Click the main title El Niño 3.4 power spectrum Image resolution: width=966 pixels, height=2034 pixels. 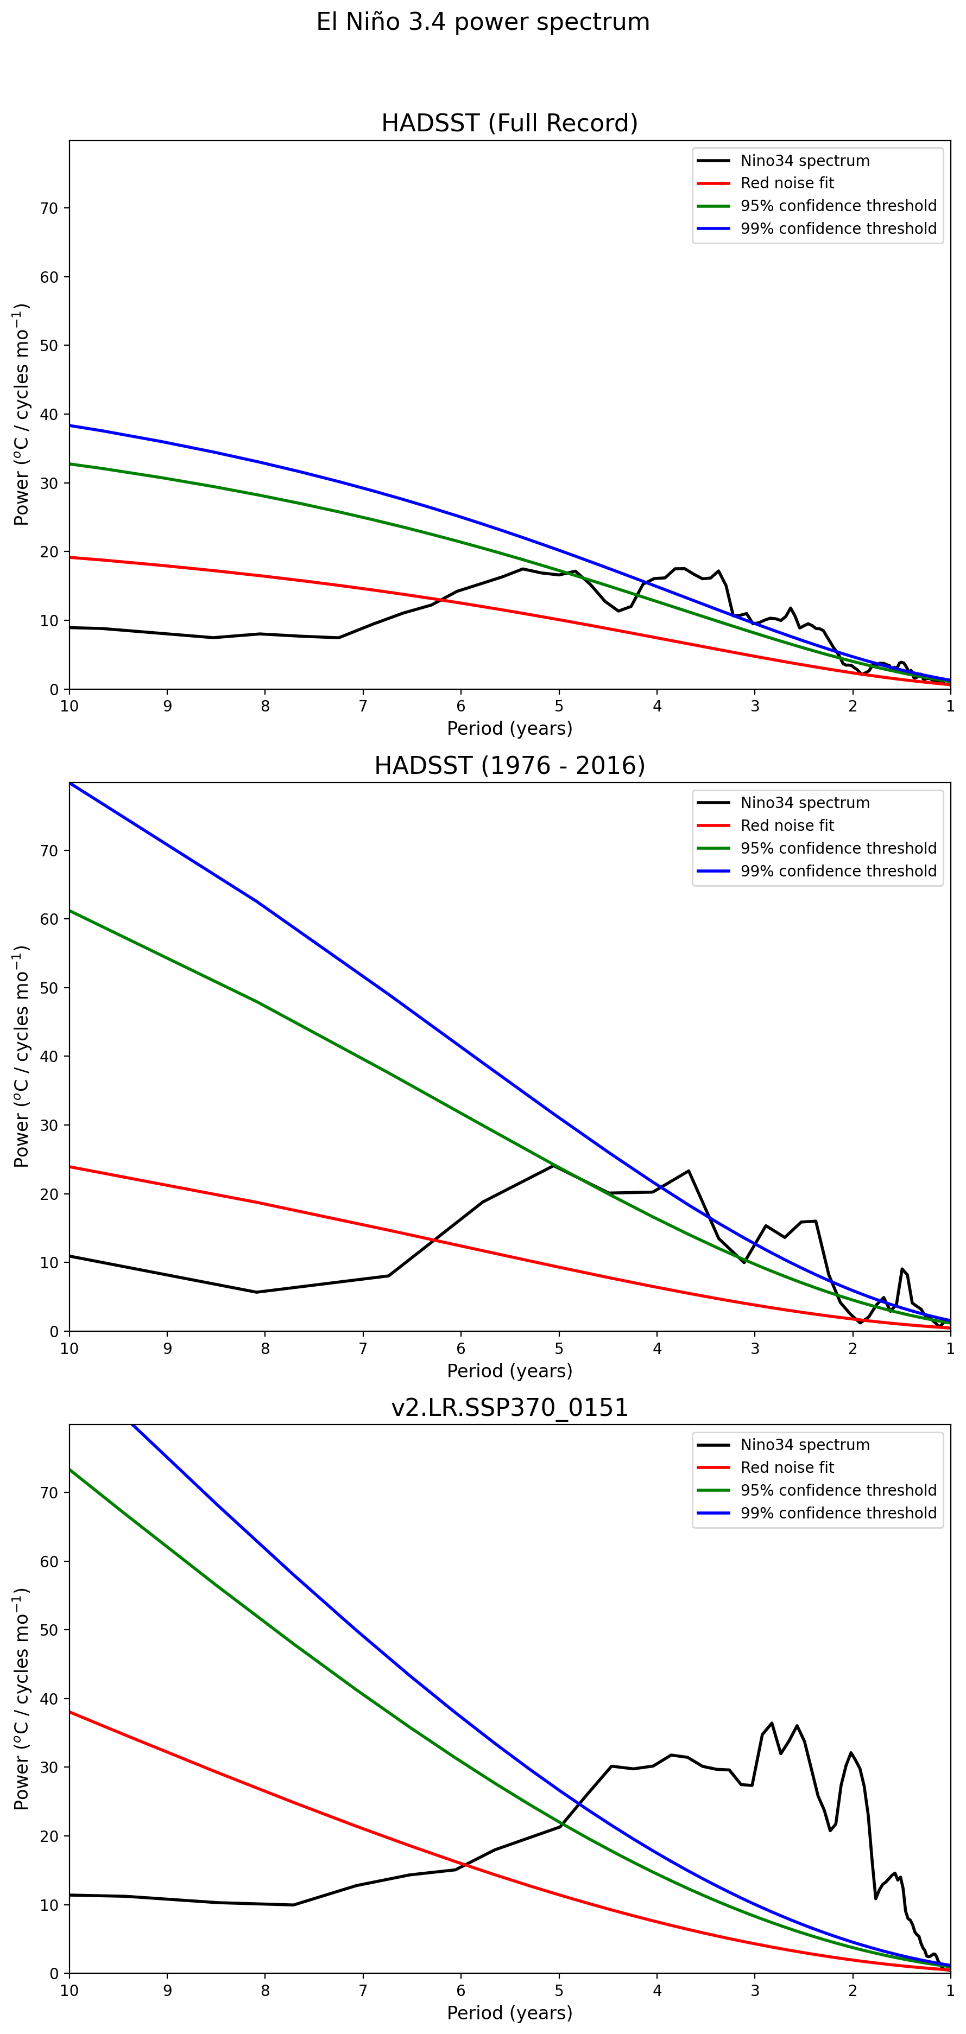click(x=483, y=22)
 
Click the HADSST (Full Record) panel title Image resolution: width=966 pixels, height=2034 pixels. click(x=509, y=123)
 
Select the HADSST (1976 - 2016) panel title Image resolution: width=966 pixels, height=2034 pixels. click(x=509, y=765)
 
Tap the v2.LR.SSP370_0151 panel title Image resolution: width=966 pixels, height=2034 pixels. click(x=509, y=1407)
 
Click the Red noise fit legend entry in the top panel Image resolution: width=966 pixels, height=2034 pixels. click(x=787, y=183)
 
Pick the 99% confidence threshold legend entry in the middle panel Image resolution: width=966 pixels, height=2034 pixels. click(x=838, y=871)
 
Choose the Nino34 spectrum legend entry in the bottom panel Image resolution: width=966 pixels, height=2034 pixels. click(x=804, y=1445)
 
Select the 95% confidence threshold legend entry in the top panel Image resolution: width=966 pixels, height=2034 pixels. click(x=838, y=206)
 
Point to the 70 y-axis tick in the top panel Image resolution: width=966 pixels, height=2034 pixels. click(x=49, y=208)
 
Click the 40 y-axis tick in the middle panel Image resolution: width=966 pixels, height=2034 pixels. click(x=49, y=1057)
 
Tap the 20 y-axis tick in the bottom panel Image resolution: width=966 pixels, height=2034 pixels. click(x=49, y=1836)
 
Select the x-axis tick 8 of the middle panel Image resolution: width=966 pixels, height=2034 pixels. click(x=266, y=1349)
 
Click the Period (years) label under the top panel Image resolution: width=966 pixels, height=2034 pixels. click(x=509, y=728)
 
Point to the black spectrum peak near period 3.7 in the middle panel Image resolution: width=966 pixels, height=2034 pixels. click(x=689, y=1171)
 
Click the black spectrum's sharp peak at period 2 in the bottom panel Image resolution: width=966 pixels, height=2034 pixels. click(x=851, y=1753)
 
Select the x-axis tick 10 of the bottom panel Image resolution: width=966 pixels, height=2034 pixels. click(x=70, y=1991)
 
